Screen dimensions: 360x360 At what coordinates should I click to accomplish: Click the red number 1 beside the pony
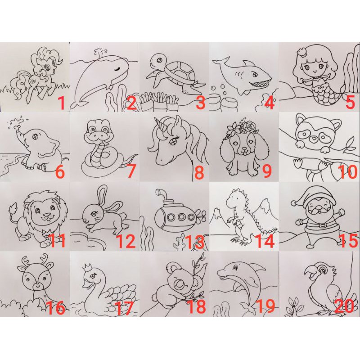tap(62, 103)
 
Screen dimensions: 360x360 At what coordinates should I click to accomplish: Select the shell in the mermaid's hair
tap(301, 52)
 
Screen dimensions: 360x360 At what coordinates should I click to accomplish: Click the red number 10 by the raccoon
tap(347, 172)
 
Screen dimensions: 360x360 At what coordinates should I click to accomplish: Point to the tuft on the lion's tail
tap(14, 208)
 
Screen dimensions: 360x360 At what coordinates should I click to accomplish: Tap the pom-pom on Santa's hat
tap(293, 203)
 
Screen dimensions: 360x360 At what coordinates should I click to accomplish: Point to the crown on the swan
tap(86, 267)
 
